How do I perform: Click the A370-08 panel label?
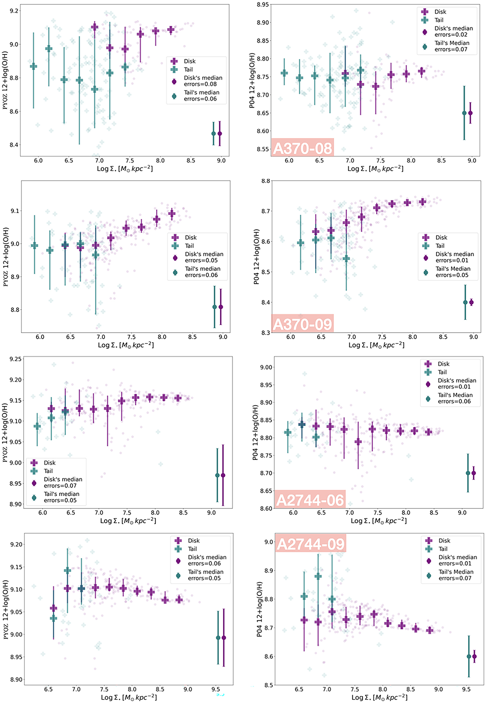tap(303, 148)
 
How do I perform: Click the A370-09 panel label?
tap(303, 324)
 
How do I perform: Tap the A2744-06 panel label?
tap(310, 500)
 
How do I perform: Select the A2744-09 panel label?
tap(311, 543)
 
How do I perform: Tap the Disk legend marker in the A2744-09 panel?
tap(429, 541)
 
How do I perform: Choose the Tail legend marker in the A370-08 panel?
tap(425, 20)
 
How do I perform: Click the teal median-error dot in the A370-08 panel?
tap(464, 113)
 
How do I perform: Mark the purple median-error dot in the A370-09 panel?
tap(471, 302)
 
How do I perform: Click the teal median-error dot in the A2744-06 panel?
tap(468, 473)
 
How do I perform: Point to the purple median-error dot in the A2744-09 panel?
tap(474, 656)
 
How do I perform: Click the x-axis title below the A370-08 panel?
tap(375, 169)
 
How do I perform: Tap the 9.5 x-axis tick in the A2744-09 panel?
tap(466, 689)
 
